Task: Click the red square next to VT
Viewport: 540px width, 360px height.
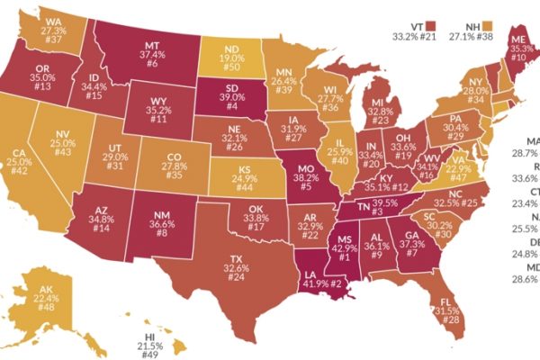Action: point(431,25)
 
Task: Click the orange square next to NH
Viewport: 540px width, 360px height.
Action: point(490,25)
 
